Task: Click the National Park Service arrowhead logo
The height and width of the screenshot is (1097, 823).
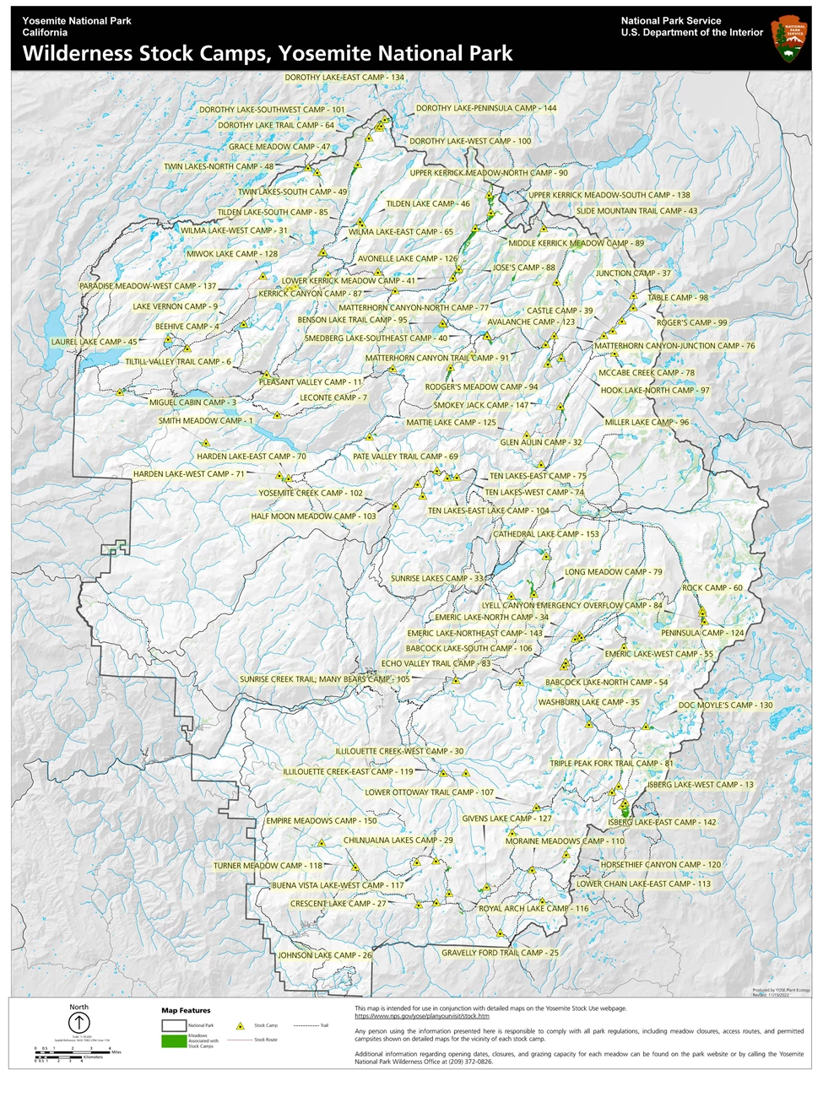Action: click(x=789, y=39)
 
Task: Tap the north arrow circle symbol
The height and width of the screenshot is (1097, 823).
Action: click(x=79, y=1023)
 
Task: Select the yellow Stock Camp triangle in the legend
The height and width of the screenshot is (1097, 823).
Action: click(x=241, y=1026)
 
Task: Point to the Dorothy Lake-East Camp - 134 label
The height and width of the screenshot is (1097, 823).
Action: click(x=344, y=78)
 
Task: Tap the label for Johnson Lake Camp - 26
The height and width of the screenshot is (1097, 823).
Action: click(x=325, y=955)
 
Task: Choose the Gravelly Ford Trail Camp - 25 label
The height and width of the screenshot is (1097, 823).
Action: click(x=500, y=953)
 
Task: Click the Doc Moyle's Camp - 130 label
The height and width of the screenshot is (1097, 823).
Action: click(x=725, y=705)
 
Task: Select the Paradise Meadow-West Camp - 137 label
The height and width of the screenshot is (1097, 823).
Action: click(x=148, y=286)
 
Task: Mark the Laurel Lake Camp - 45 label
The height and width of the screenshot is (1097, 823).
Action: click(x=94, y=342)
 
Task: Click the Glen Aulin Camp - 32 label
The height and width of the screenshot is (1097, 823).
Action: click(x=541, y=442)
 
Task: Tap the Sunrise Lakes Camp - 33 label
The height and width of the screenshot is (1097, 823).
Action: click(x=436, y=579)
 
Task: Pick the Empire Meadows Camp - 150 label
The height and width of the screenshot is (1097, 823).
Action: click(x=322, y=821)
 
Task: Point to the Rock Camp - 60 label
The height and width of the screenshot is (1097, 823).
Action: click(x=712, y=588)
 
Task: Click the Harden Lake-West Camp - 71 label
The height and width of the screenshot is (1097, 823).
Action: click(x=188, y=474)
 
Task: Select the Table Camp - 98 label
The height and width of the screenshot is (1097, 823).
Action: click(x=678, y=298)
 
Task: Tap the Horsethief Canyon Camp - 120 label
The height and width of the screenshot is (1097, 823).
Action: click(x=661, y=865)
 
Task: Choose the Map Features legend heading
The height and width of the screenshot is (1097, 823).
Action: click(x=186, y=1010)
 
